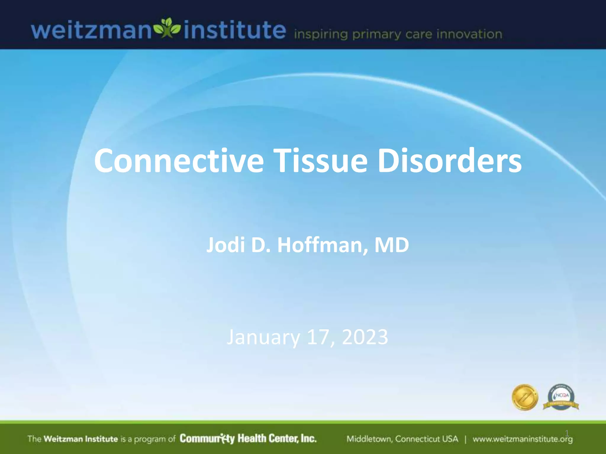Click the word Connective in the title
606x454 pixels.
(179, 161)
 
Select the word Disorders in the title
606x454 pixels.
(449, 161)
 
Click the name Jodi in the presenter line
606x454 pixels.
(225, 245)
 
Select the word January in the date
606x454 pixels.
(263, 337)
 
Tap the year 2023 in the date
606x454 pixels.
(365, 337)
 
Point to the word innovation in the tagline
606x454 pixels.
(469, 34)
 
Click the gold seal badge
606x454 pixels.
(525, 398)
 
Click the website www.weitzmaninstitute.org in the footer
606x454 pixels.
(523, 439)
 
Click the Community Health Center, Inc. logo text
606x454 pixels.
(248, 438)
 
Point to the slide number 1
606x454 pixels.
(567, 433)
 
